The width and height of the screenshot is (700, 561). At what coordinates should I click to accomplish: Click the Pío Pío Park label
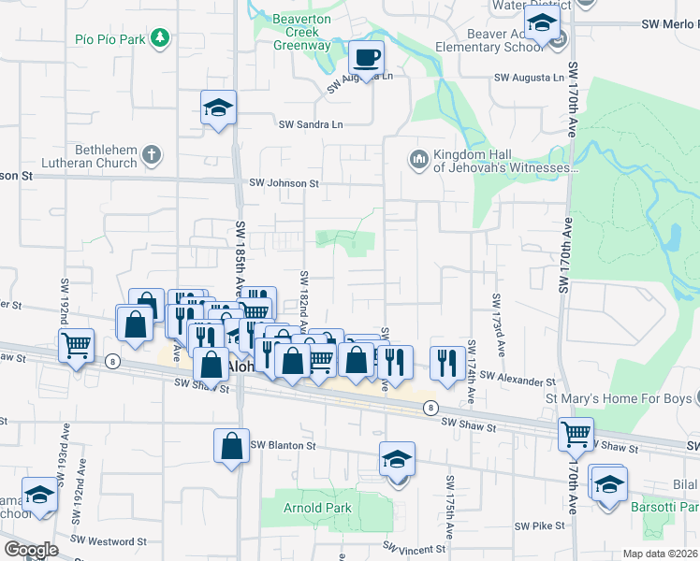(x=112, y=39)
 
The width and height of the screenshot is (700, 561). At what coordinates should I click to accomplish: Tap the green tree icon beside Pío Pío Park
(x=161, y=37)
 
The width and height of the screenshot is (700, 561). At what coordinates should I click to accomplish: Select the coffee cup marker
(x=366, y=58)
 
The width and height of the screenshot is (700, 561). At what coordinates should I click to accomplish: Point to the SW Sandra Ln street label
(x=311, y=123)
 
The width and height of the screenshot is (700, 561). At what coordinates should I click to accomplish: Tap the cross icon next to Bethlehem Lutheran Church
(x=153, y=155)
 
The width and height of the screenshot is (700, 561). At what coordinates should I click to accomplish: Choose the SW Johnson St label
(x=284, y=183)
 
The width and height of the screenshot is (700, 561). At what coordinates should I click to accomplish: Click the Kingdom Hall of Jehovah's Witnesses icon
(x=417, y=161)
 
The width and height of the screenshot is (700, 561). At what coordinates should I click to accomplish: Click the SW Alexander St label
(x=518, y=381)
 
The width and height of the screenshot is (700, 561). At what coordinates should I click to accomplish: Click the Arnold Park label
(x=317, y=508)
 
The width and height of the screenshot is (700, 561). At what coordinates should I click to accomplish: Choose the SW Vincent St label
(x=414, y=549)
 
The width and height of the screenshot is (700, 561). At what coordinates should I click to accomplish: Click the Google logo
(x=30, y=550)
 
